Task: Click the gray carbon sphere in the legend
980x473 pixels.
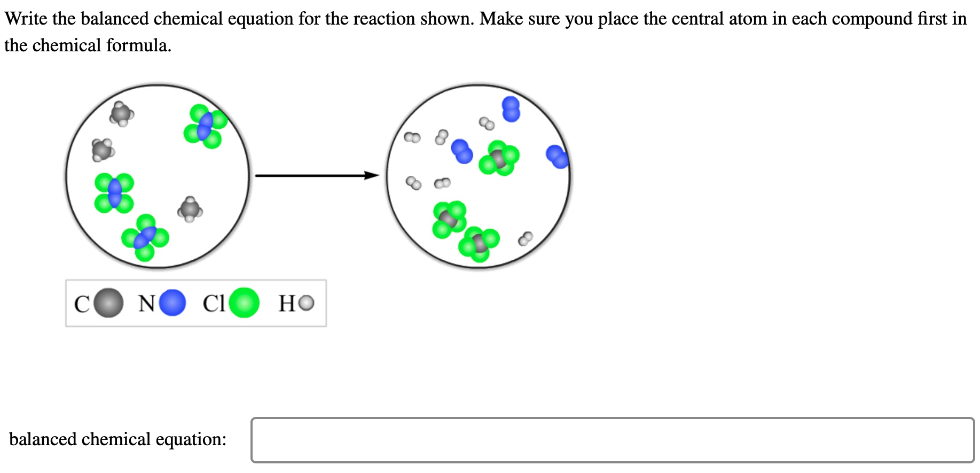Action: click(x=108, y=303)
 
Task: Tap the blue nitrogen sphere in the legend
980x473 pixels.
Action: click(x=173, y=303)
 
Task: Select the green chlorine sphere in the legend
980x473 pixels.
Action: click(x=244, y=303)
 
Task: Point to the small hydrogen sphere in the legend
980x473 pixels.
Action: click(x=307, y=304)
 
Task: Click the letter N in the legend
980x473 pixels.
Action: click(x=146, y=304)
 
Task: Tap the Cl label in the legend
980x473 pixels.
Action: click(x=214, y=304)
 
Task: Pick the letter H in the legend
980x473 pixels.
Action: click(x=287, y=304)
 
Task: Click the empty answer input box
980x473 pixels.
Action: click(x=612, y=440)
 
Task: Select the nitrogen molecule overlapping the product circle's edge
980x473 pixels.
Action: click(x=558, y=157)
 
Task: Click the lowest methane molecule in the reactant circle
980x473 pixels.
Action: click(x=190, y=210)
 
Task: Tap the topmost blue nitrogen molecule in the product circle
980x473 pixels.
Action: click(x=511, y=109)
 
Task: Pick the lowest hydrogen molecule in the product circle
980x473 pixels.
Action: click(x=526, y=239)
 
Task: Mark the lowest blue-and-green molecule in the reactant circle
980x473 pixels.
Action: click(x=145, y=237)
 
